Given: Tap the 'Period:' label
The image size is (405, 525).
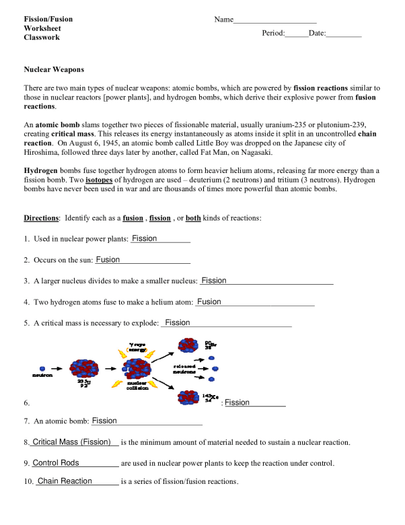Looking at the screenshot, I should pos(273,33).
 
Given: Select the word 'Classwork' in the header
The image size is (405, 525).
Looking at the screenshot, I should pos(42,38).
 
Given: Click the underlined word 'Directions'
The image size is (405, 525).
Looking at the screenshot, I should pos(42,218).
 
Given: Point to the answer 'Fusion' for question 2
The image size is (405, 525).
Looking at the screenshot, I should pos(108,260).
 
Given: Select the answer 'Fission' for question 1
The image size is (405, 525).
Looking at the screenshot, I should pos(144,239).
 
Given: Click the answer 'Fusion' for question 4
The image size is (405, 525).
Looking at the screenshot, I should pos(209,302).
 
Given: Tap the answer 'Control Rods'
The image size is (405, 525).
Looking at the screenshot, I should pos(56,463).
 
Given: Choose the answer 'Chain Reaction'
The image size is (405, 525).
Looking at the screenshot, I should pos(65,481).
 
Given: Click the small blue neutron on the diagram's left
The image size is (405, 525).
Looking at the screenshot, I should pos(42,368).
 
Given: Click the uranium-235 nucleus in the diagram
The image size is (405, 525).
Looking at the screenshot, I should pos(84,368).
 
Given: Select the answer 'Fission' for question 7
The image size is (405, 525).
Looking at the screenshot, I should pos(104,421).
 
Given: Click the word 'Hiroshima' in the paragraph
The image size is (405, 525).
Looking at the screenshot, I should pos(44,153).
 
